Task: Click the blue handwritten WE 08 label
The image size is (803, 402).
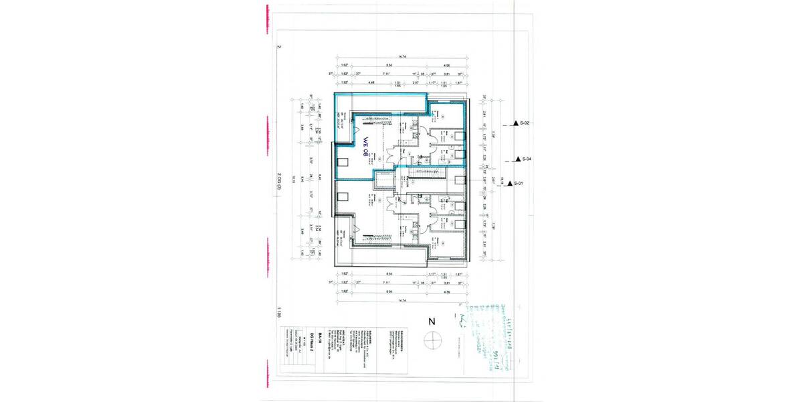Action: [x=366, y=147]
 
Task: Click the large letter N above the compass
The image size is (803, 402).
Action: [x=431, y=321]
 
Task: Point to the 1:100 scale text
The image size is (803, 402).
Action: [x=279, y=313]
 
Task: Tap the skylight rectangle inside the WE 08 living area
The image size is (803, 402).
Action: [x=343, y=162]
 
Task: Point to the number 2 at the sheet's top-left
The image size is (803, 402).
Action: [x=279, y=48]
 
